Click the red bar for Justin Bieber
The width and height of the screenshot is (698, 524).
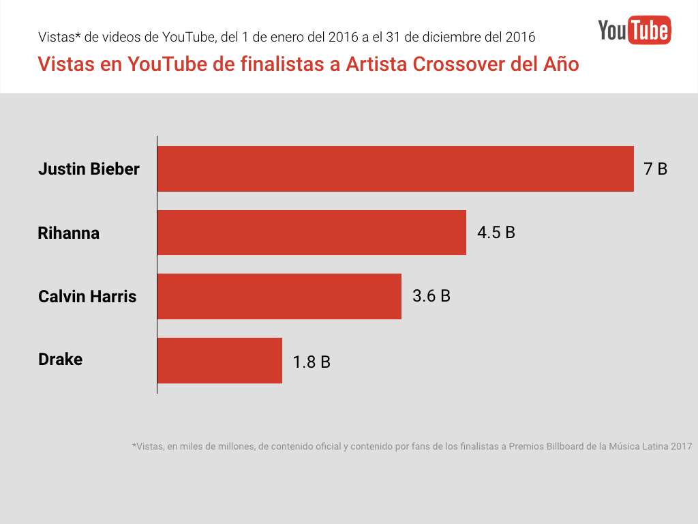pyautogui.click(x=395, y=169)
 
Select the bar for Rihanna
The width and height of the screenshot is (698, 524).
pyautogui.click(x=312, y=233)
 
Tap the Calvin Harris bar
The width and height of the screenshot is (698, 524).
pyautogui.click(x=279, y=296)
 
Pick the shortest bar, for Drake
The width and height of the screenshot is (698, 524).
pyautogui.click(x=219, y=360)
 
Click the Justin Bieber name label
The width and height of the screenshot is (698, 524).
pyautogui.click(x=89, y=169)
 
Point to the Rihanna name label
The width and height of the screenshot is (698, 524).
pyautogui.click(x=68, y=233)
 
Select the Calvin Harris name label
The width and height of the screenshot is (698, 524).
pyautogui.click(x=87, y=297)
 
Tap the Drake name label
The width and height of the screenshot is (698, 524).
pyautogui.click(x=60, y=360)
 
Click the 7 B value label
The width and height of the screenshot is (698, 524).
pyautogui.click(x=656, y=169)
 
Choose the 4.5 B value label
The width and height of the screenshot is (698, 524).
pyautogui.click(x=496, y=233)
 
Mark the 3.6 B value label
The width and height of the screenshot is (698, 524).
pyautogui.click(x=431, y=296)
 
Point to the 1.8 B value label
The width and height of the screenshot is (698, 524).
pyautogui.click(x=312, y=362)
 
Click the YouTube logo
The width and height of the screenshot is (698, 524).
pyautogui.click(x=635, y=30)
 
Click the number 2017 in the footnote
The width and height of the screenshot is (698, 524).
pyautogui.click(x=681, y=447)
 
